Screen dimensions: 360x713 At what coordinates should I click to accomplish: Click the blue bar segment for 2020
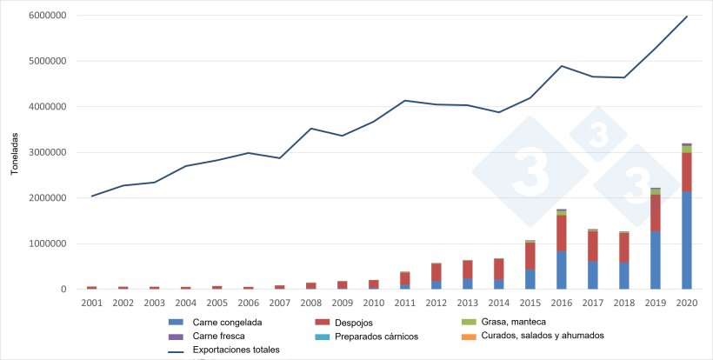point(687,240)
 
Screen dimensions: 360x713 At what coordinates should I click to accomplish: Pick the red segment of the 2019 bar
point(656,212)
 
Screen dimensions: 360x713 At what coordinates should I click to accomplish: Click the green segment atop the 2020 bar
point(687,149)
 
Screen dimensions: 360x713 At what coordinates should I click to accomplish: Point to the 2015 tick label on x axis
point(530,302)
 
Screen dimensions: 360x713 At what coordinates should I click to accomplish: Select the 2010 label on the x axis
point(374,302)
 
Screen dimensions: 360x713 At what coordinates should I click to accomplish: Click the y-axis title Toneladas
point(15,153)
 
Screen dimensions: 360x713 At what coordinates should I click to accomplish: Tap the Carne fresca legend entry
point(217,336)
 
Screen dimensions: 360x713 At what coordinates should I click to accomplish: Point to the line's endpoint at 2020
point(687,16)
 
